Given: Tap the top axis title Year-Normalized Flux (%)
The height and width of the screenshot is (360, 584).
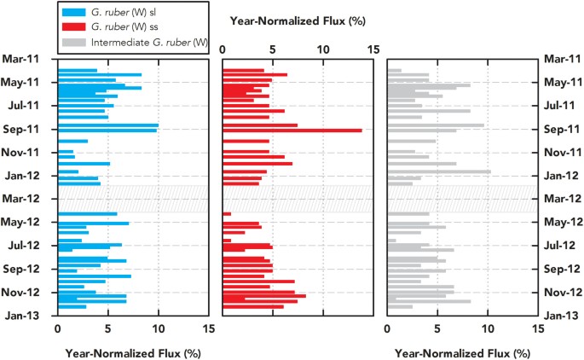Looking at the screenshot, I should pos(297,20).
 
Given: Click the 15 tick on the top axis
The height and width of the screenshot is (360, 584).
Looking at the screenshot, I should pos(373,49).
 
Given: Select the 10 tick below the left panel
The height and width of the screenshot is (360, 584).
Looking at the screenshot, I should pos(159,328).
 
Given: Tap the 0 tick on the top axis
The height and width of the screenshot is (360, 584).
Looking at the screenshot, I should pos(223,49).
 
